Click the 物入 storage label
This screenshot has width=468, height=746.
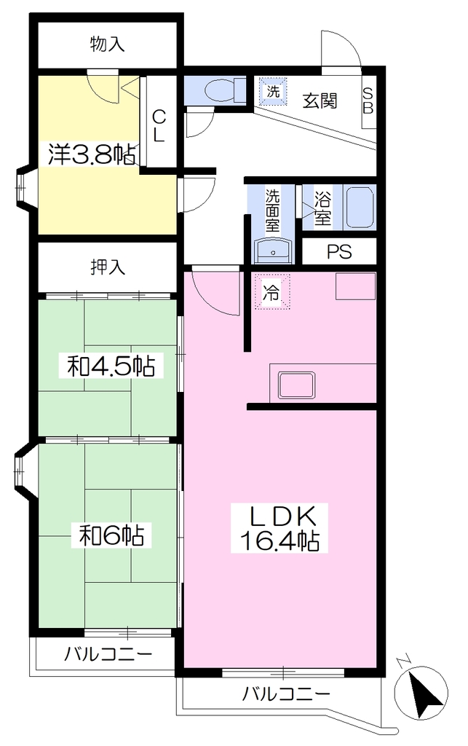[108, 44]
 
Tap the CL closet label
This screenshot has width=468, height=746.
[159, 125]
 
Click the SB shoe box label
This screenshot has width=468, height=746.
[368, 101]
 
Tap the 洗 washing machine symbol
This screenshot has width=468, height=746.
[273, 91]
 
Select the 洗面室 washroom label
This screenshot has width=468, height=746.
[273, 211]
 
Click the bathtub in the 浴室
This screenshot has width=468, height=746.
[359, 208]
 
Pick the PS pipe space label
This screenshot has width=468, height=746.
[339, 251]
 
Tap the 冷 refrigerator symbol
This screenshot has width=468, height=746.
[271, 291]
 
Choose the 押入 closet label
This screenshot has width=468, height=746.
[108, 267]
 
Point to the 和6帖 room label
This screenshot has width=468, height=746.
[111, 536]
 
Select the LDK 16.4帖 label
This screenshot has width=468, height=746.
[279, 528]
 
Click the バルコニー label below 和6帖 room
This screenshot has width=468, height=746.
[108, 653]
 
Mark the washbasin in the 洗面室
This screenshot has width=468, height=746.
[274, 249]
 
